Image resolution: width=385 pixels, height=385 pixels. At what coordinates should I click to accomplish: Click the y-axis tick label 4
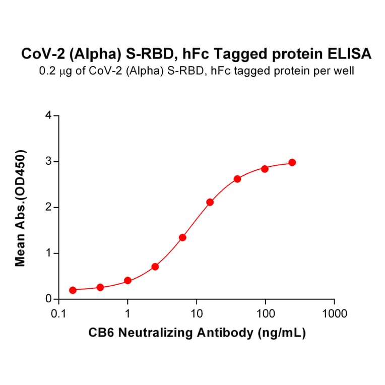pyautogui.click(x=48, y=115)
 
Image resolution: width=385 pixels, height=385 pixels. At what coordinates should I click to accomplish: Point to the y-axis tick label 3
pyautogui.click(x=48, y=161)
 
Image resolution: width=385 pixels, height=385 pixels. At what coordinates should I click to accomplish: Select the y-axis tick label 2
pyautogui.click(x=48, y=207)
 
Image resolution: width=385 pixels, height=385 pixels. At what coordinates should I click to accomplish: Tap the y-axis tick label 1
pyautogui.click(x=48, y=253)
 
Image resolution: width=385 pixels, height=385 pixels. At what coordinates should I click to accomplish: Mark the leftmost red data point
pyautogui.click(x=73, y=290)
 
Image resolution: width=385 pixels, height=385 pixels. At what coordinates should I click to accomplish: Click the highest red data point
pyautogui.click(x=292, y=162)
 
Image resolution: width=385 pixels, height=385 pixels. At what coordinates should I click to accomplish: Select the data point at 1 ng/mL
pyautogui.click(x=127, y=280)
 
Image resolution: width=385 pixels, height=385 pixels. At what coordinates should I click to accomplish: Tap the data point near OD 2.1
pyautogui.click(x=210, y=202)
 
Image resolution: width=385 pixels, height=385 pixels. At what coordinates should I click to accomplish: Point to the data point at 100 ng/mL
pyautogui.click(x=265, y=169)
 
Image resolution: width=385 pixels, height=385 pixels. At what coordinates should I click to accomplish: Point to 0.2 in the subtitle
pyautogui.click(x=46, y=71)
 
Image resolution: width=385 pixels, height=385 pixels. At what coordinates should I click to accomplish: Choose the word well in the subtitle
pyautogui.click(x=345, y=71)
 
